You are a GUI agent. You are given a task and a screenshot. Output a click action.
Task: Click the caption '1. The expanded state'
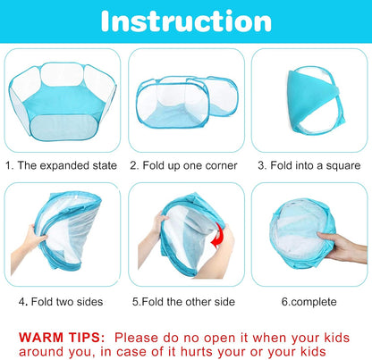pos(62,165)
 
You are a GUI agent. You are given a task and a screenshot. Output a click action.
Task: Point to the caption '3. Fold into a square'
pos(309,165)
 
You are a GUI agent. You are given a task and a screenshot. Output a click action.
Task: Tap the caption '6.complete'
pos(309,301)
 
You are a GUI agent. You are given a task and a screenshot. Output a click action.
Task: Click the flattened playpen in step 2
pos(186,103)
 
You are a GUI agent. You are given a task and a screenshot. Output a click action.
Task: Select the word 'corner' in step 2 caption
pos(219,165)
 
